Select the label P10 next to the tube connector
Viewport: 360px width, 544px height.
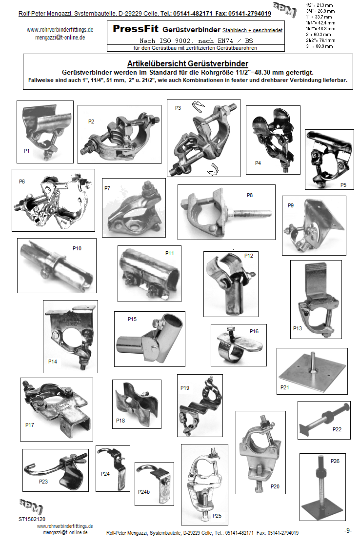[77, 248]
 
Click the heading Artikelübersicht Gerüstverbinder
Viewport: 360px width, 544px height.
[187, 63]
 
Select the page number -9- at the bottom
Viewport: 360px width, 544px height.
[347, 530]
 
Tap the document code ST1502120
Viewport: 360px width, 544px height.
[32, 519]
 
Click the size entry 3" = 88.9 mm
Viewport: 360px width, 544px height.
[319, 46]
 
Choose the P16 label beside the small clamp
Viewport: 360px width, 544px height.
[254, 331]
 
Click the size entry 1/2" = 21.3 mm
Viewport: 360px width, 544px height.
[319, 4]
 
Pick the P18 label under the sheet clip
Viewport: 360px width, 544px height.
[120, 421]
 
